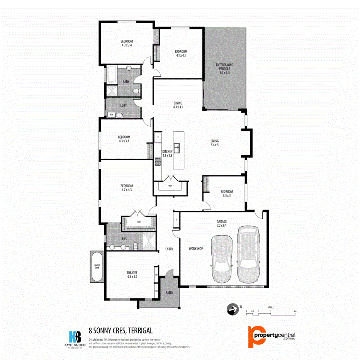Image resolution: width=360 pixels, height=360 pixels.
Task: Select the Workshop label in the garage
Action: (196, 249)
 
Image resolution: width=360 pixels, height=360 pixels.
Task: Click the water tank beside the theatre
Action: (97, 267)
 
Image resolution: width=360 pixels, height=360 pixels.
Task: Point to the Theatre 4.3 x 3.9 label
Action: (132, 275)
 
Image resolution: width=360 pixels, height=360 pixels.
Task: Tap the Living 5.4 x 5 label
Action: (214, 143)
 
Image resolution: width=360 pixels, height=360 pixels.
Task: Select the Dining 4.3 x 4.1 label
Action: (178, 105)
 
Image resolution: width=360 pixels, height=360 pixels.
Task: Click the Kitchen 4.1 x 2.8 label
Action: (167, 153)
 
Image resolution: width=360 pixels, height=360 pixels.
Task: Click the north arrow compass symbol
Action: (232, 309)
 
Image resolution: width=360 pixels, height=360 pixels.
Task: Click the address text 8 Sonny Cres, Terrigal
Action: (121, 331)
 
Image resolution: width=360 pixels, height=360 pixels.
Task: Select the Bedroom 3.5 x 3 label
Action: (226, 194)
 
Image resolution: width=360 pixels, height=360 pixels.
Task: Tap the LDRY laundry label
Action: (124, 105)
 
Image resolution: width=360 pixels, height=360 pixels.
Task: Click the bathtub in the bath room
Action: (111, 75)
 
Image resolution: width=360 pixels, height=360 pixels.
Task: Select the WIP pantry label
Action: (170, 186)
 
